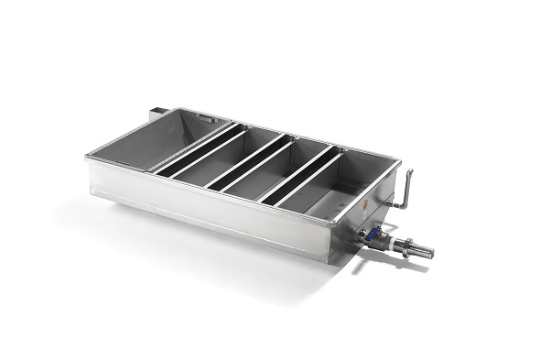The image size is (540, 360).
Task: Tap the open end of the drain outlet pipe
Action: [x=430, y=251]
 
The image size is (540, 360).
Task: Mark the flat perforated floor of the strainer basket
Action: [x=137, y=156]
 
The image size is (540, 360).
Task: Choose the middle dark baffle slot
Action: [x=246, y=165]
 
